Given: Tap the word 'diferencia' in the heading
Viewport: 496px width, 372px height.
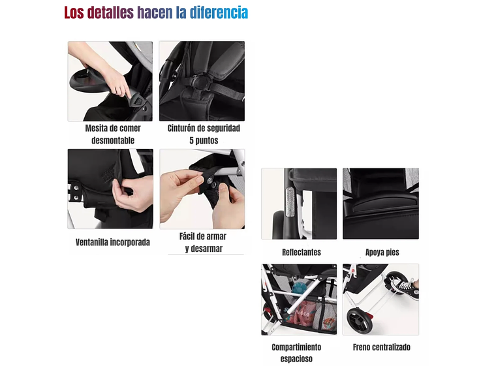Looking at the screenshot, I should coord(219,12).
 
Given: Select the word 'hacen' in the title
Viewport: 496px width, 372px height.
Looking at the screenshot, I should coord(155,12).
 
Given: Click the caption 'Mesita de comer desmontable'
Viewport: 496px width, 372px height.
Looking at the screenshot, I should coord(110,134).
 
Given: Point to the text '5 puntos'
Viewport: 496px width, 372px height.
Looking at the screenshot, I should coord(204,141).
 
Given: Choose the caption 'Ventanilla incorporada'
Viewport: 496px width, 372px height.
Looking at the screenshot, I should coord(112,242).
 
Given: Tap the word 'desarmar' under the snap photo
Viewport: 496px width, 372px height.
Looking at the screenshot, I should coord(203,249).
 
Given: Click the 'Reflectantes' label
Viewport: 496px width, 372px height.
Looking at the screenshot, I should coord(301,252).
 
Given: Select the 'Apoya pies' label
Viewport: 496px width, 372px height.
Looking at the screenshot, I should coord(382,252).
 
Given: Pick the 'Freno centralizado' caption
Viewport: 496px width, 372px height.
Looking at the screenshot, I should coord(382,347).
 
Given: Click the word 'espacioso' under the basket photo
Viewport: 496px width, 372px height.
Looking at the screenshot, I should coord(296,359).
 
